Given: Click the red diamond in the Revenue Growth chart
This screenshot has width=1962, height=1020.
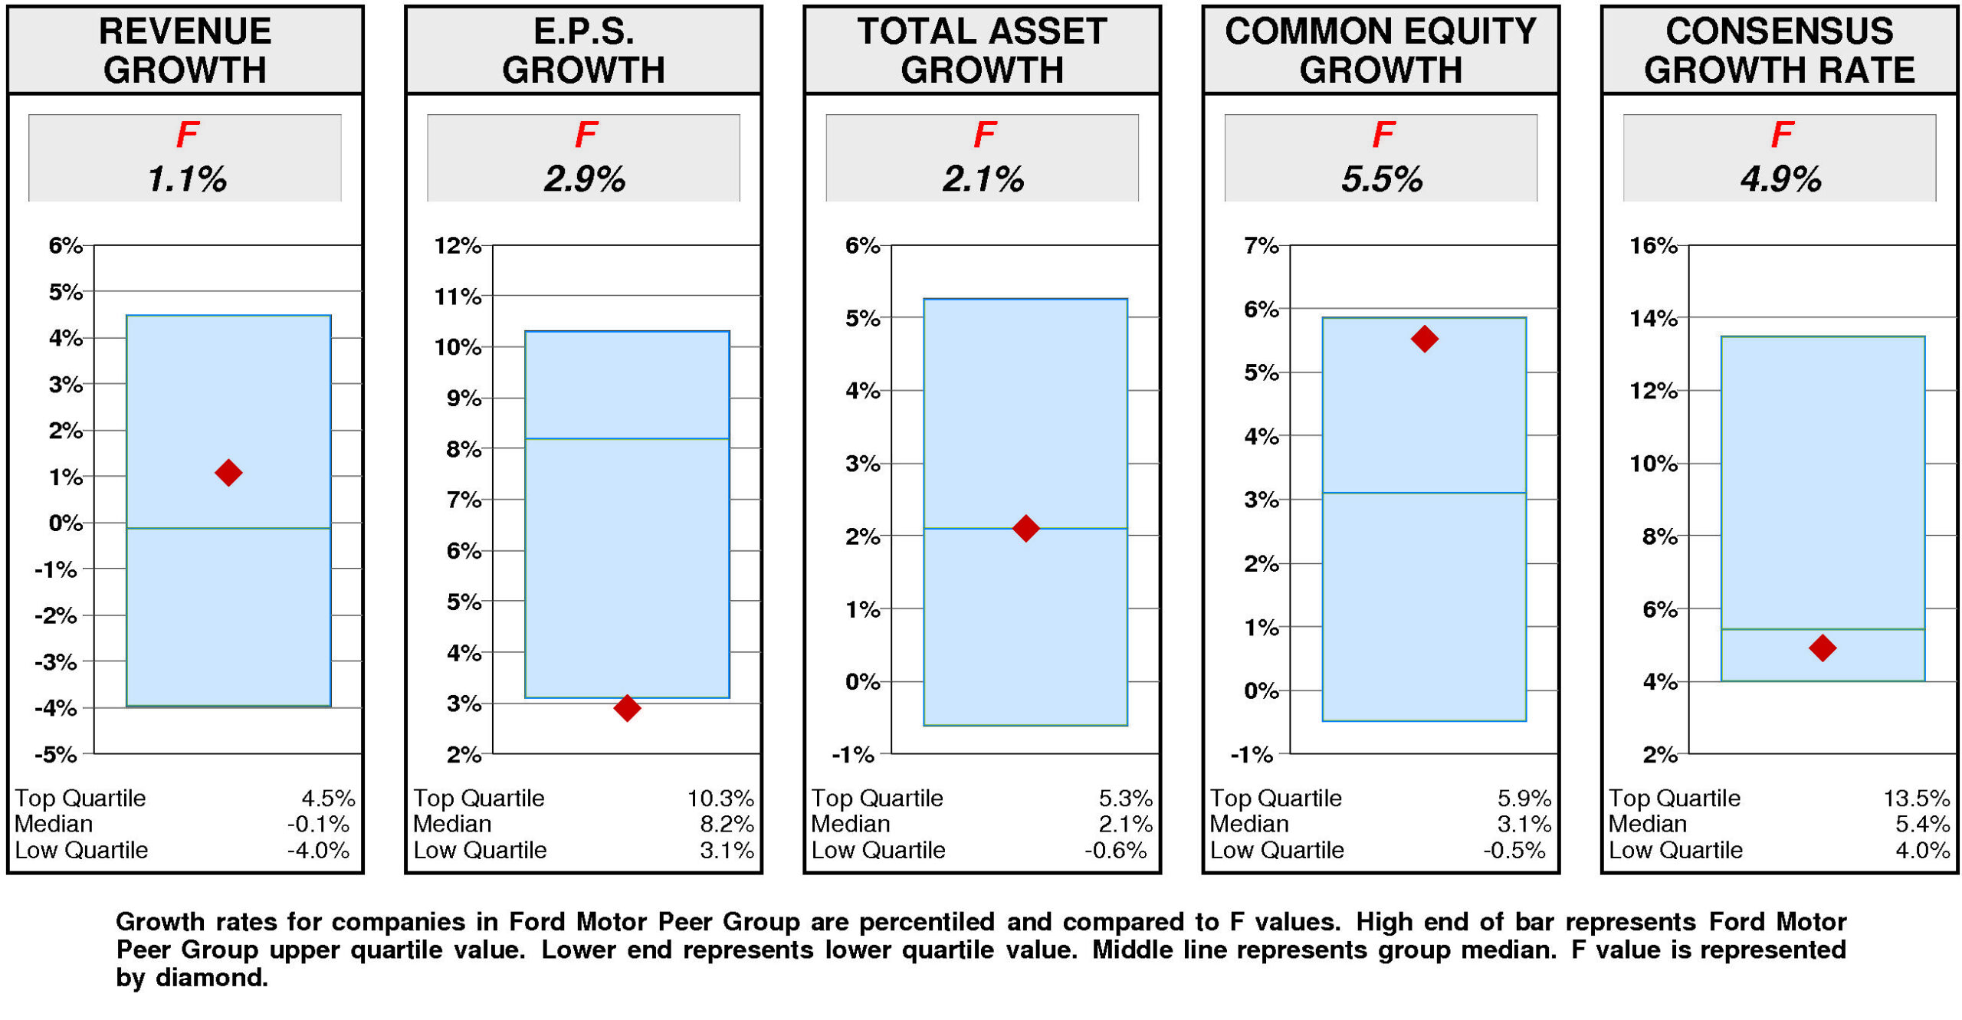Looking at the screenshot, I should click(228, 473).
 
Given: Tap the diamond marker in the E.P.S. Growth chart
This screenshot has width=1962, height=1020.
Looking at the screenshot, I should click(627, 707).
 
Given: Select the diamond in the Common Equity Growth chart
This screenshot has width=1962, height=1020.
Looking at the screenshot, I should click(1424, 339).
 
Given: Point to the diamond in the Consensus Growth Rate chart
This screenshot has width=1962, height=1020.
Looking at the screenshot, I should click(1822, 648).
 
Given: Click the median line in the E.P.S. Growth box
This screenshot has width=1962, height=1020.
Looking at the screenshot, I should click(627, 439).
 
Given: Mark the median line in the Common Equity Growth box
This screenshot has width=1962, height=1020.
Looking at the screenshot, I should click(1424, 493).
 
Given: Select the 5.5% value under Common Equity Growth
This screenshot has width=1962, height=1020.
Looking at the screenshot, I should click(1382, 179).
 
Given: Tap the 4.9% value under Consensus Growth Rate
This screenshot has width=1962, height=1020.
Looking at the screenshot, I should click(1780, 179).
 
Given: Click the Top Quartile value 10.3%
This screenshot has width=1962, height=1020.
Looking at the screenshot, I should click(720, 799).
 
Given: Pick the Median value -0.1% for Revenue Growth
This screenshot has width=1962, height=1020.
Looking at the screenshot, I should click(318, 825).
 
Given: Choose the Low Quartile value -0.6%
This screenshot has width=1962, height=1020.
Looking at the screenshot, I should click(1115, 851).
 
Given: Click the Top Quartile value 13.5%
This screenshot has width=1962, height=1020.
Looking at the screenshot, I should click(1916, 799).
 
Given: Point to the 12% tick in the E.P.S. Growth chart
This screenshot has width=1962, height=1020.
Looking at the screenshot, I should click(458, 246).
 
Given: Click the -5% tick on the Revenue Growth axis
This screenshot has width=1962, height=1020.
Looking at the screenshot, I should click(56, 755).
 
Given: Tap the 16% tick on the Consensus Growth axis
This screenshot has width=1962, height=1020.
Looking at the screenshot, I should click(1653, 246).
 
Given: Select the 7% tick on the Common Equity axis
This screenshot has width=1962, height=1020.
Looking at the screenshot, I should click(1262, 246).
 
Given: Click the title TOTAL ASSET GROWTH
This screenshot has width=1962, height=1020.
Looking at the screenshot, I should click(982, 51).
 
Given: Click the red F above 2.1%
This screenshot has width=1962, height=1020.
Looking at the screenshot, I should click(984, 136).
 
